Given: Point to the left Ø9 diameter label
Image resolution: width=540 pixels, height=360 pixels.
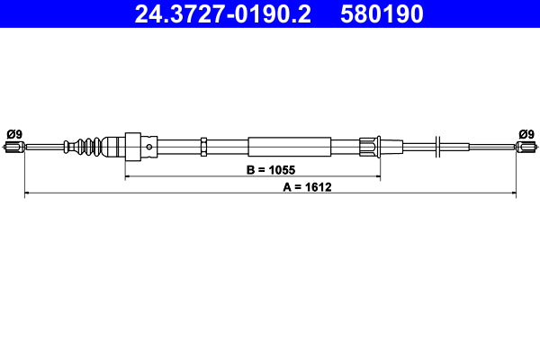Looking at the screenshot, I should [13, 134].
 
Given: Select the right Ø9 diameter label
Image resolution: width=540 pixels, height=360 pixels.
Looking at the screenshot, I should [526, 134].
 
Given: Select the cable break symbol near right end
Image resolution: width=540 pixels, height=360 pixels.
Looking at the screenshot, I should [436, 145].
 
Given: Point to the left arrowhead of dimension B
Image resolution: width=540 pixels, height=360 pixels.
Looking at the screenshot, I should [128, 177].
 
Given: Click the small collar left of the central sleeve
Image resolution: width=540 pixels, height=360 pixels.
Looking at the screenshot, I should [204, 146].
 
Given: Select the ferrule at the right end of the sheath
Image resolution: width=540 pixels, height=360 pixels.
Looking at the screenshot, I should [369, 146].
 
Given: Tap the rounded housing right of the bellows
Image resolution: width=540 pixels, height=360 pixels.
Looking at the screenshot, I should [115, 146].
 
